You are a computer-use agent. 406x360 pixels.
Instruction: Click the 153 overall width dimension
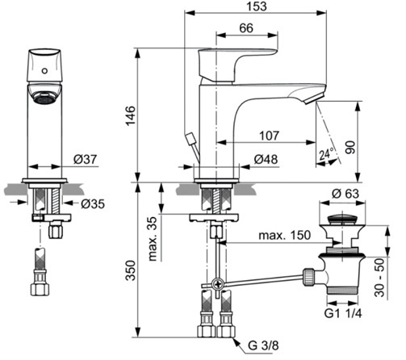257,6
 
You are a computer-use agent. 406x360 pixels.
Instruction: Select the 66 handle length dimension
246,28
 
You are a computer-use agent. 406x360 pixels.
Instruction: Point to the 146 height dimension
131,115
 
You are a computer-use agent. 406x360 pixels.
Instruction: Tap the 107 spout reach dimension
270,136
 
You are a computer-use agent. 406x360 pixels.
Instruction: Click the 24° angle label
326,154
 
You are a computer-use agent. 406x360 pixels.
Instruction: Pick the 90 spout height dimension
350,147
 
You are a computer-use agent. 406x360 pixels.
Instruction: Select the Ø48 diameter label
266,159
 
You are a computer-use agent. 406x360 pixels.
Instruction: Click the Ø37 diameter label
85,159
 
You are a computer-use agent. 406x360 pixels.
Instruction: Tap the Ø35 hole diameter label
93,204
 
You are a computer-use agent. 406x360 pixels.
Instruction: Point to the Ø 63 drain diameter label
345,194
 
